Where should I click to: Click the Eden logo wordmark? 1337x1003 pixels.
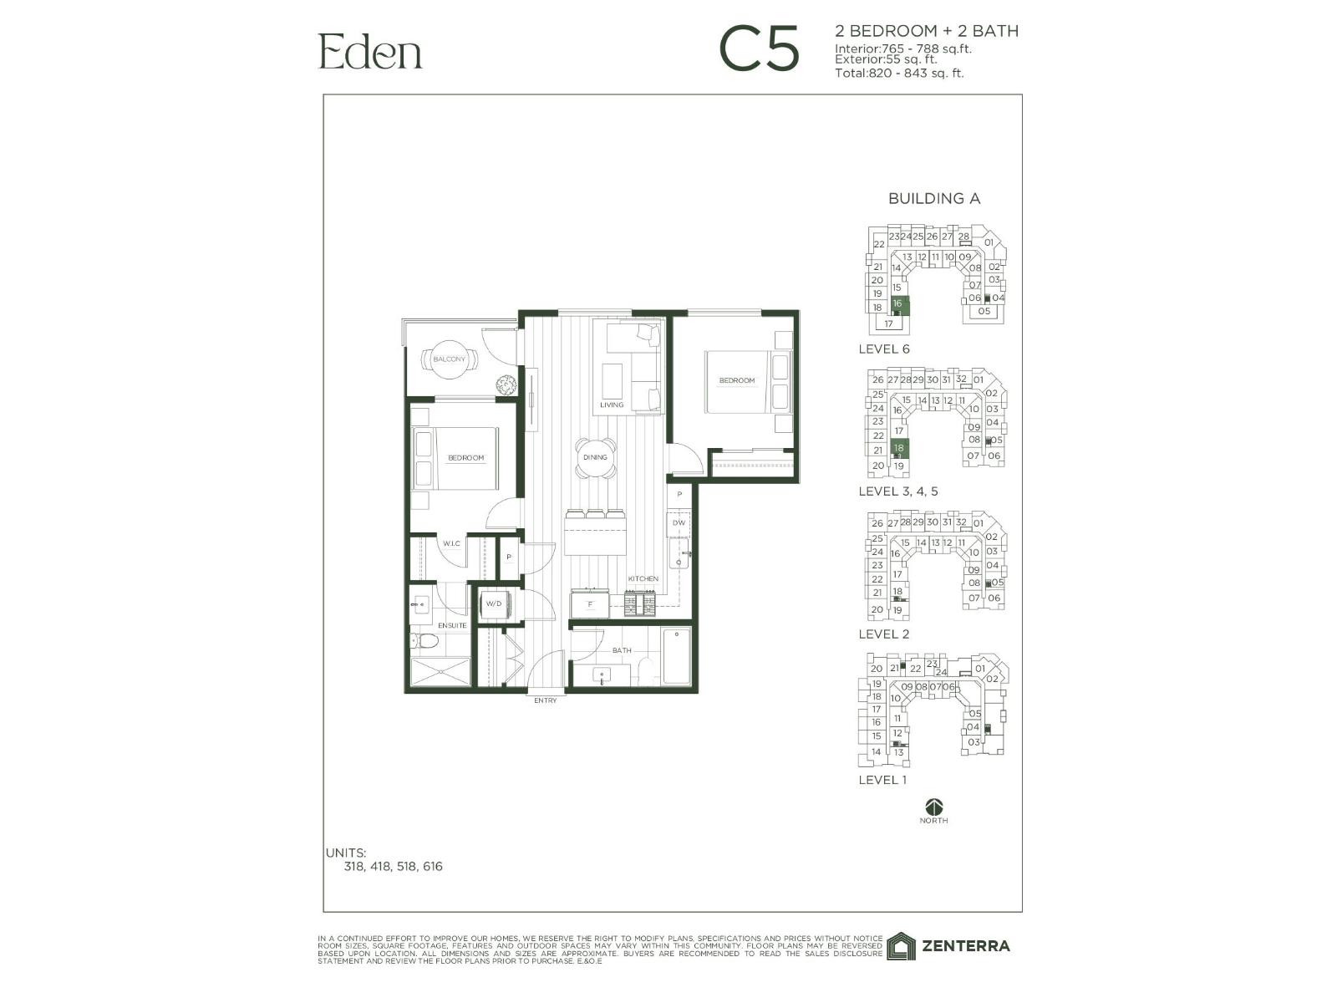pyautogui.click(x=370, y=52)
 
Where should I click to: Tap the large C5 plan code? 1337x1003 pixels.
pyautogui.click(x=760, y=50)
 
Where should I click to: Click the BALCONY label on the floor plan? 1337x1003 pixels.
pyautogui.click(x=450, y=359)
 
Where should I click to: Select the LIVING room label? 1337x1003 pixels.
pyautogui.click(x=612, y=405)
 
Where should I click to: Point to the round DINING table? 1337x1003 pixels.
pyautogui.click(x=596, y=458)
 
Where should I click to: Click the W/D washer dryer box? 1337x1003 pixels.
pyautogui.click(x=494, y=604)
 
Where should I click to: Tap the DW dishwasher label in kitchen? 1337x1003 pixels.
pyautogui.click(x=679, y=523)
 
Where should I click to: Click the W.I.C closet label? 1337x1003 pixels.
pyautogui.click(x=451, y=543)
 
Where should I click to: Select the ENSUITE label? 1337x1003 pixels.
pyautogui.click(x=453, y=625)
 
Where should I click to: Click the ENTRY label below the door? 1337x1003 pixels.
pyautogui.click(x=545, y=700)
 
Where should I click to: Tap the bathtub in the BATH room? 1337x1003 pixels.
pyautogui.click(x=676, y=657)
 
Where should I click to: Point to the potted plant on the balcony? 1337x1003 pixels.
pyautogui.click(x=506, y=385)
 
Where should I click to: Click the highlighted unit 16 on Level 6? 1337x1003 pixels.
pyautogui.click(x=897, y=304)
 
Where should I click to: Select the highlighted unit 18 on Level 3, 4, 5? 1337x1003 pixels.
pyautogui.click(x=899, y=449)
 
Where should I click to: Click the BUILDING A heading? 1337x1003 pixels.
pyautogui.click(x=933, y=199)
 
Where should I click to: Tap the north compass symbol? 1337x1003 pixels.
pyautogui.click(x=933, y=807)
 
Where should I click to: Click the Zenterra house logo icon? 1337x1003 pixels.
pyautogui.click(x=902, y=946)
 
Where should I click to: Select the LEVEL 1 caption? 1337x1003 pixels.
pyautogui.click(x=882, y=780)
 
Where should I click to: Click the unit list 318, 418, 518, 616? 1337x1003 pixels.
pyautogui.click(x=393, y=867)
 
